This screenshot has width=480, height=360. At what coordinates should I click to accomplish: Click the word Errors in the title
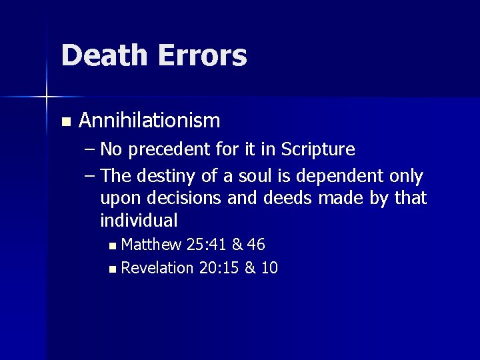point(202,55)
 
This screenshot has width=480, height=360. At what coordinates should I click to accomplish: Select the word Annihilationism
point(149,121)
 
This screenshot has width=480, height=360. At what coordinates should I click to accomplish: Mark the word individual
point(139,219)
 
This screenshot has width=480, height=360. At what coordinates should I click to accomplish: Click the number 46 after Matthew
point(257,245)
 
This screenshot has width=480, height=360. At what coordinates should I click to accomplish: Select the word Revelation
point(157,268)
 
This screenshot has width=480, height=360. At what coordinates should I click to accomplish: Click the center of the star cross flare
point(47,98)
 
